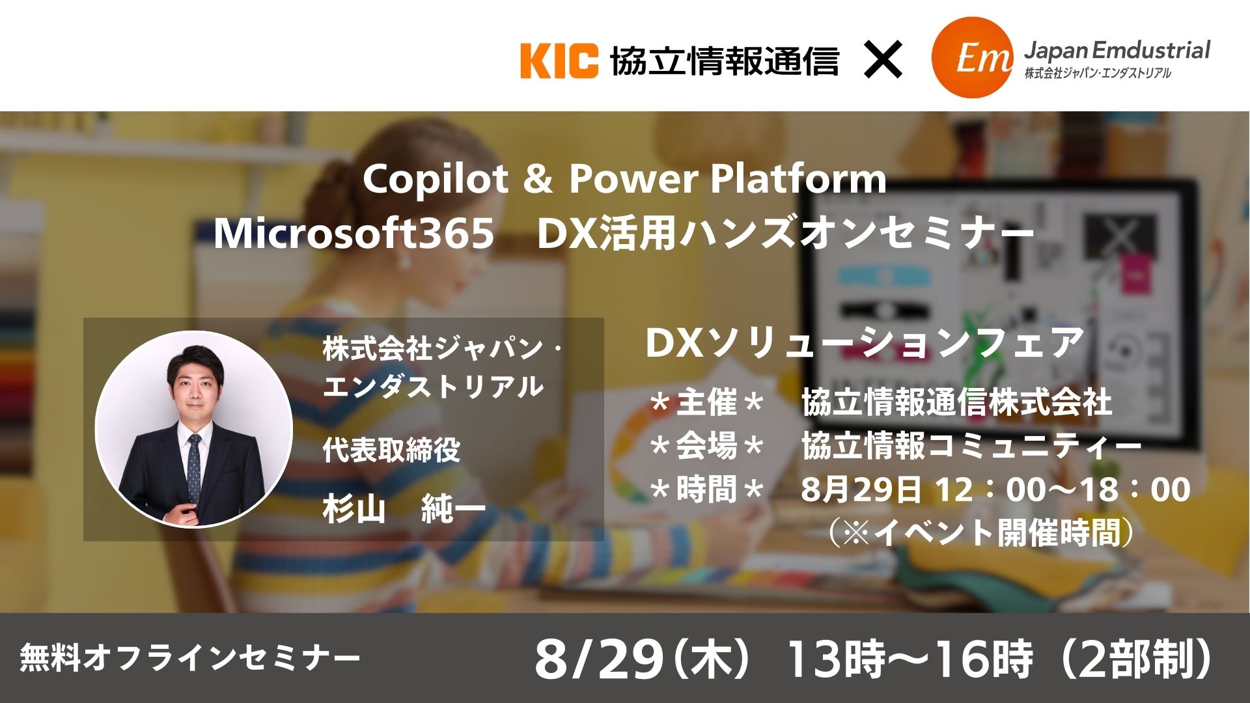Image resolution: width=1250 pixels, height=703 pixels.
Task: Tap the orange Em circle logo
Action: [x=972, y=58]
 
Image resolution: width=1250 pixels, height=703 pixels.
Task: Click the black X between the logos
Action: [x=883, y=60]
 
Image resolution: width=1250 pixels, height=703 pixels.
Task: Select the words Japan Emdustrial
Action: [x=1117, y=49]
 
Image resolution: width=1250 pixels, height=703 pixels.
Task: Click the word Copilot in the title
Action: [x=435, y=179]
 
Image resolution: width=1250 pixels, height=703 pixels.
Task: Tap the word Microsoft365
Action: [x=354, y=234]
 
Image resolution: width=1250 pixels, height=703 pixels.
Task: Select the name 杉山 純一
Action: [x=404, y=508]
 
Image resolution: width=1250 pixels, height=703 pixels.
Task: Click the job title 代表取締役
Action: [x=391, y=449]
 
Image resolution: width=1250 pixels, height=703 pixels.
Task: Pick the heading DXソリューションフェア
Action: [x=864, y=343]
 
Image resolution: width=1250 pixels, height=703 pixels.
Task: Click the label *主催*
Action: [x=706, y=403]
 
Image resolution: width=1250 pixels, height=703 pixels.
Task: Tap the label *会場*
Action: [x=706, y=447]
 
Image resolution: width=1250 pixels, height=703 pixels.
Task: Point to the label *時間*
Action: [x=706, y=489]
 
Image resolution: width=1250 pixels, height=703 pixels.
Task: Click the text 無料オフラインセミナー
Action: [x=189, y=657]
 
